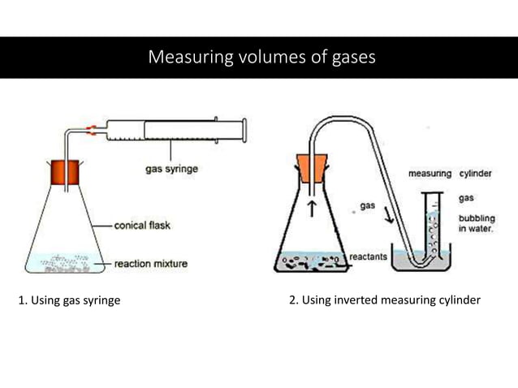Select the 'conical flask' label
(x=142, y=225)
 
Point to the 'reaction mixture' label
(x=150, y=264)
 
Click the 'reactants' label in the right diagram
(x=368, y=257)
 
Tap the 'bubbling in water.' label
(x=476, y=224)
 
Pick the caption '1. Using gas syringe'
(x=69, y=301)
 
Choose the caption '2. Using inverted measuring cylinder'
(x=385, y=301)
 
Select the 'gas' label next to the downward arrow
(x=368, y=206)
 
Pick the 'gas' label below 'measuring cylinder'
(x=467, y=197)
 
